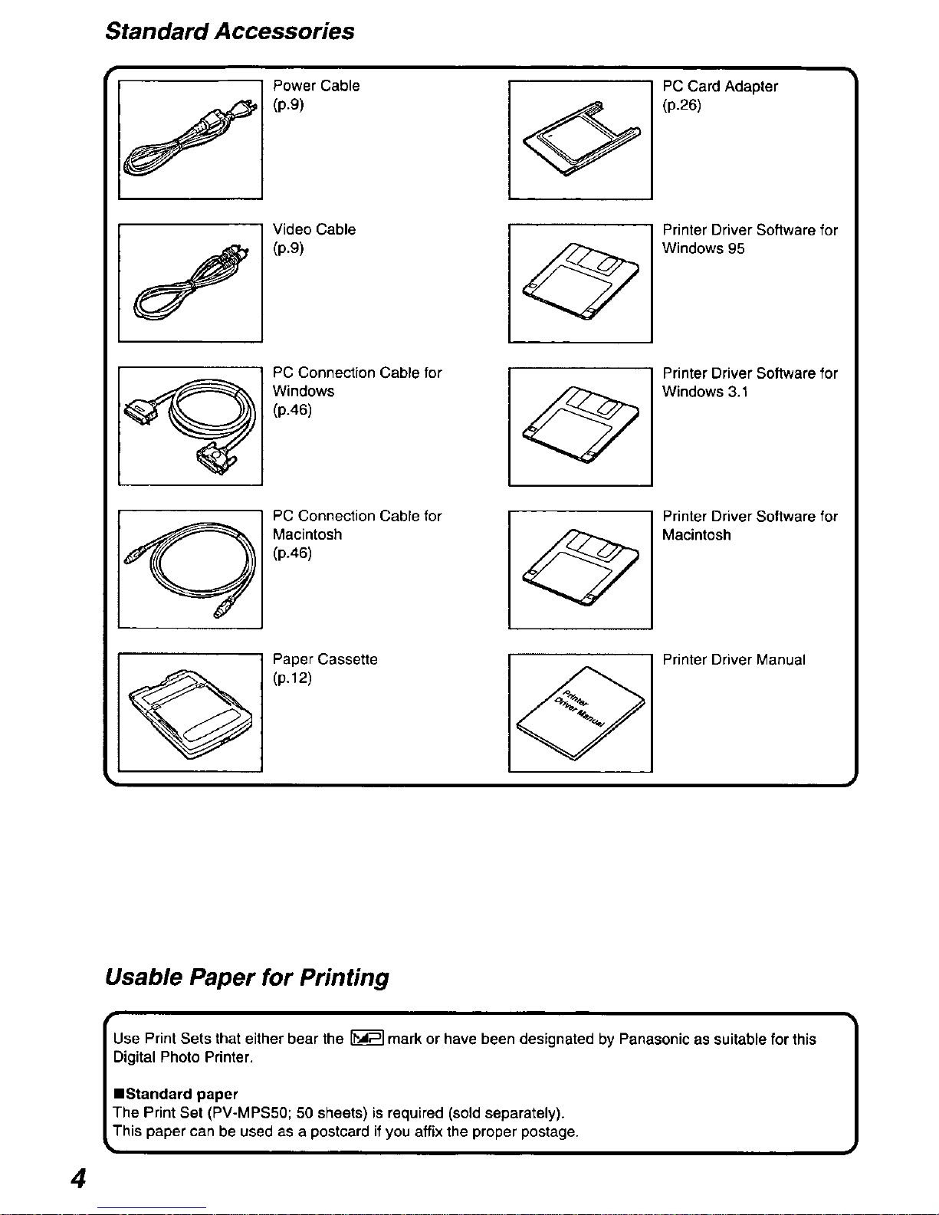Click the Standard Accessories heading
(x=230, y=31)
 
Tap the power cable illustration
(x=189, y=139)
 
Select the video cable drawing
(x=189, y=282)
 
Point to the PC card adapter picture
(x=580, y=139)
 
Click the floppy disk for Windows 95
(x=580, y=282)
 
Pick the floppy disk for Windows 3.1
(x=580, y=425)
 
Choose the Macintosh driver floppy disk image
(x=580, y=569)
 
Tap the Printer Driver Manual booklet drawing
(x=580, y=712)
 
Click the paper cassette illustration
(x=189, y=712)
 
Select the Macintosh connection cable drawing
(x=189, y=569)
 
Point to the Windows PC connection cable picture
(x=189, y=425)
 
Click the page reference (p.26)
(x=681, y=105)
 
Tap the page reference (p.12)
(x=292, y=678)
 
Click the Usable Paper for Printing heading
(x=247, y=977)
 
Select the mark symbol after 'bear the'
(x=366, y=1039)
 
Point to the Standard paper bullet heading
(x=176, y=1094)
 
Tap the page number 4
(x=78, y=1178)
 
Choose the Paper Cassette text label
(x=325, y=659)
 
